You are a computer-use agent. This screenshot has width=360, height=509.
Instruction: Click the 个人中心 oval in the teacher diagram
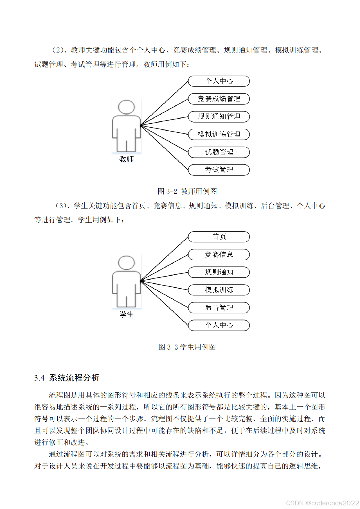coord(219,81)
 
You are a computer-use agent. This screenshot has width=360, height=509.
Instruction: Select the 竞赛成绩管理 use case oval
coord(219,99)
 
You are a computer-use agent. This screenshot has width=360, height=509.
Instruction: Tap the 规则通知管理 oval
coord(219,117)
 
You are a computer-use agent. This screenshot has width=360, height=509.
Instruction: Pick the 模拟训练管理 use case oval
coord(219,134)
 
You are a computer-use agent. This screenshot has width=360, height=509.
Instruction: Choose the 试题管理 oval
coord(219,152)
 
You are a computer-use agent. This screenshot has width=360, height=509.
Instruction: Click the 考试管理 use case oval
coord(219,170)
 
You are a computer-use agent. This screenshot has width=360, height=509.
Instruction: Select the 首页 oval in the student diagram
coord(219,237)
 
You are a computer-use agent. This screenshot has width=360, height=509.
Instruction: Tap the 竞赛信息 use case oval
coord(219,255)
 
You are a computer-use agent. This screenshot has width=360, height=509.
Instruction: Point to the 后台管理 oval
coord(219,308)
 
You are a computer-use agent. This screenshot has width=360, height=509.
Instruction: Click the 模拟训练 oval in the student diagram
coord(219,290)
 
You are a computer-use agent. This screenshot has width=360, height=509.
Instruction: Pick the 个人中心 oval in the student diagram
coord(219,325)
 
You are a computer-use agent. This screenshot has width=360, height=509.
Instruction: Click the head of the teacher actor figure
coord(127,107)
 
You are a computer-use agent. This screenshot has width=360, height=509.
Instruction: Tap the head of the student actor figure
coord(127,263)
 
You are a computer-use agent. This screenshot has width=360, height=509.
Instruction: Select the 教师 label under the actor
coord(127,159)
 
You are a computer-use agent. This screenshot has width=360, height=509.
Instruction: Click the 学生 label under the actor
coord(127,315)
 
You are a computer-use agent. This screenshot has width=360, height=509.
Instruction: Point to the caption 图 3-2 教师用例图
coord(187,191)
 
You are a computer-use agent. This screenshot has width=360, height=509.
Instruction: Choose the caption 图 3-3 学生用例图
coord(187,347)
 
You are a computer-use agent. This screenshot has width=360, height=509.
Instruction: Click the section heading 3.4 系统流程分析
coord(67,378)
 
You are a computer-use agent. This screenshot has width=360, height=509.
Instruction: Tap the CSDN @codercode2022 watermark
coord(322,503)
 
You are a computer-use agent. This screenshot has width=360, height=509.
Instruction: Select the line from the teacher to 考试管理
coord(165,148)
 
